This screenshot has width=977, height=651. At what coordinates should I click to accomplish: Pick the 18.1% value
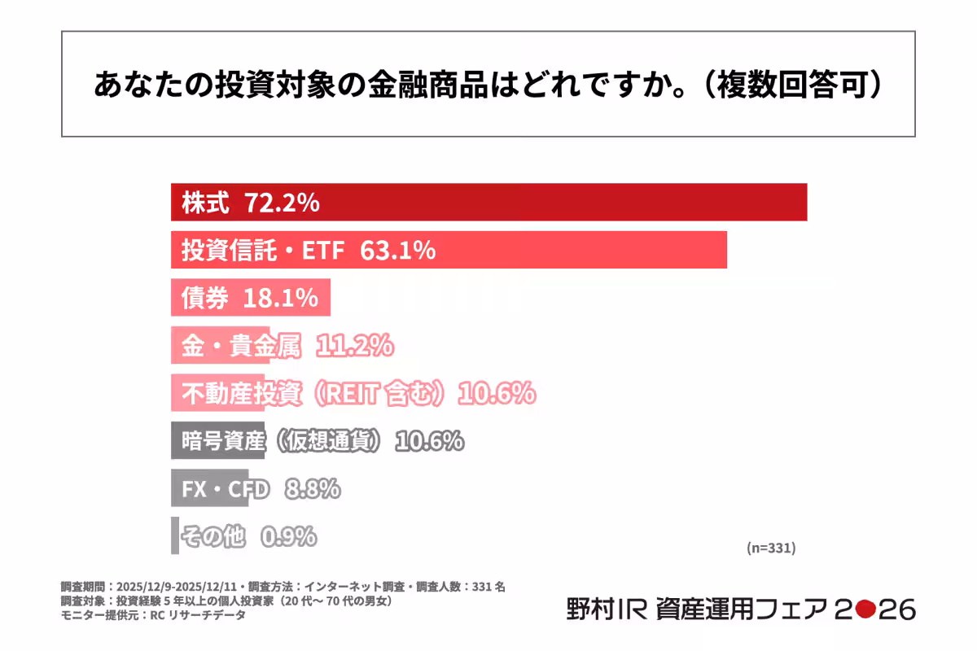coord(280,299)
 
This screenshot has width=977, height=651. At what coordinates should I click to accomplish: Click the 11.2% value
coord(354,347)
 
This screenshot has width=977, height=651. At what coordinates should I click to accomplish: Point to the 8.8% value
coord(312,489)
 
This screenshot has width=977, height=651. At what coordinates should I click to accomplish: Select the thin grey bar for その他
coord(174,536)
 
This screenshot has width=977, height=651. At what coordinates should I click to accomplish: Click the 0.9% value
coord(288,537)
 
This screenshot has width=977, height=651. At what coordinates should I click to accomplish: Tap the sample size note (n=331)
coord(770,548)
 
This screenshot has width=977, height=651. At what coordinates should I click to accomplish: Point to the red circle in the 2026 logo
coord(865,609)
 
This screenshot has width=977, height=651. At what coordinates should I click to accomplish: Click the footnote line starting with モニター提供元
coord(153,615)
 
